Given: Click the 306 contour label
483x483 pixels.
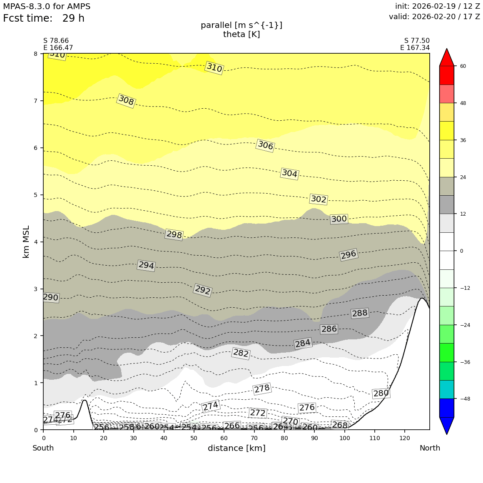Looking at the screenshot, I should click(265, 146).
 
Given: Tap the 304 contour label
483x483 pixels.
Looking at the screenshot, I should click(289, 174).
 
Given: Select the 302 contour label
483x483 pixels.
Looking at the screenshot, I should click(319, 199).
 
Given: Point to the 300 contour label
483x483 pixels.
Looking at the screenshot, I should click(339, 219).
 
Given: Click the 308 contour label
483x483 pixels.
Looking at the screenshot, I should click(126, 100).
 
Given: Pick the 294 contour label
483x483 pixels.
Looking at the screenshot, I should click(146, 265).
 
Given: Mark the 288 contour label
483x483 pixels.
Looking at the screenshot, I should click(360, 313).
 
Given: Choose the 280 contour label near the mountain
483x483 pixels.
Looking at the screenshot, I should click(381, 393).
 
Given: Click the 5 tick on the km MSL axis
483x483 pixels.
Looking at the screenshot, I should click(35, 195).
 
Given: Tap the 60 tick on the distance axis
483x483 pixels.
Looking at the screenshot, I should click(224, 438).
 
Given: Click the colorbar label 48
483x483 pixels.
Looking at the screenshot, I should click(463, 103).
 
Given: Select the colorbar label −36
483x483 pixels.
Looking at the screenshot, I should click(465, 362).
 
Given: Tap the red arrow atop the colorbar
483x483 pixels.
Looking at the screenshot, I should click(447, 57).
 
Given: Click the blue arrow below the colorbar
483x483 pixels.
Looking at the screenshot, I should click(447, 425).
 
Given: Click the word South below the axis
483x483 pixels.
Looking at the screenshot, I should click(43, 448).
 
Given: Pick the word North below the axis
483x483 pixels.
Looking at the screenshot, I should click(430, 448).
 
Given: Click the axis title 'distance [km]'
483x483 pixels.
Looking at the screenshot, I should click(237, 448).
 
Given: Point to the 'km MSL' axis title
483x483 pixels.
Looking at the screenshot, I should click(26, 242).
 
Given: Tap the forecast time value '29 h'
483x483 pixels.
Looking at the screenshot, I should click(73, 19).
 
